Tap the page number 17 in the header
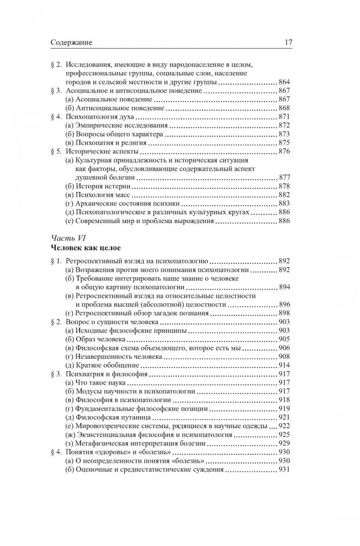[x=291, y=41]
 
